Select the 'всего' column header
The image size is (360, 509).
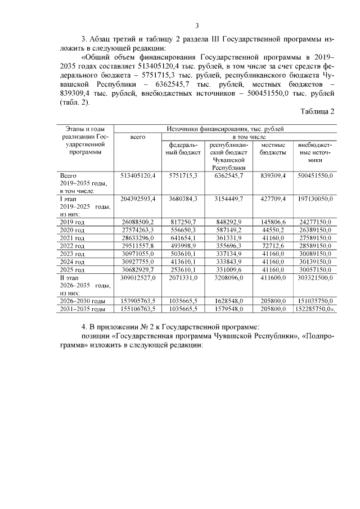click(x=137, y=137)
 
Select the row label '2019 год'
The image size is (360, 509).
click(x=72, y=222)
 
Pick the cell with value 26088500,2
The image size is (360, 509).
click(x=137, y=222)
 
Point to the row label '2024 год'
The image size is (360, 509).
click(x=72, y=262)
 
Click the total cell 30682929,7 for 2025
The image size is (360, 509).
click(x=137, y=270)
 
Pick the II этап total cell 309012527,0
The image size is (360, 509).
click(x=137, y=278)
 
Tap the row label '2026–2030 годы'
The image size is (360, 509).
click(x=82, y=301)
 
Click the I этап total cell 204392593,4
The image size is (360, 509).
click(x=137, y=199)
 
